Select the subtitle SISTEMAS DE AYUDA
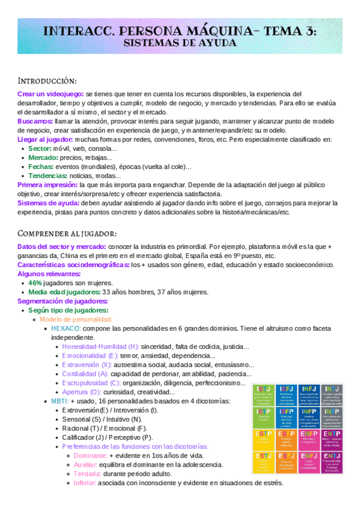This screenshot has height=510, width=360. pos(180,45)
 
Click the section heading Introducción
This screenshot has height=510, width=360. pos(47,81)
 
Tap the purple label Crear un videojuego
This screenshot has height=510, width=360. pos(50,94)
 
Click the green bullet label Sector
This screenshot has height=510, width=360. pos(40,149)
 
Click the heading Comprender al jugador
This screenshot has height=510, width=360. pos(67,233)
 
